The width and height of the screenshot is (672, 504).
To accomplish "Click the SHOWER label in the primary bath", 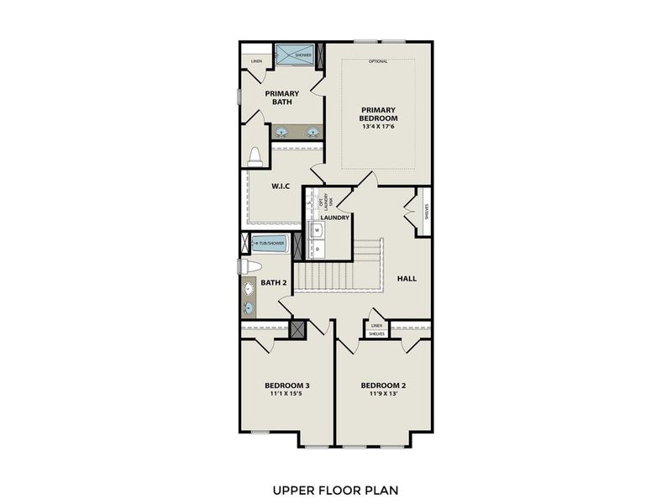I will (303, 55).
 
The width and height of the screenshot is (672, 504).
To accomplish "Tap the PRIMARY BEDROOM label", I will (379, 114).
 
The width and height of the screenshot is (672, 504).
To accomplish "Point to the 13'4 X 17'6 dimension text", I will (379, 129).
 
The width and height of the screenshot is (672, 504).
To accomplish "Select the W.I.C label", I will (281, 186).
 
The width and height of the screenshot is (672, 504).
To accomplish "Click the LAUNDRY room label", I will (334, 218).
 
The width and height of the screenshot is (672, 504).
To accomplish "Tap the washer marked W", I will (318, 229).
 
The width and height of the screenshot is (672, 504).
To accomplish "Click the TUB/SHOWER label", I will (271, 244).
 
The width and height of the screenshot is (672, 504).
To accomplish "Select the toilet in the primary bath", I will (255, 156).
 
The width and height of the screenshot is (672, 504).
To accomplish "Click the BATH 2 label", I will (274, 283).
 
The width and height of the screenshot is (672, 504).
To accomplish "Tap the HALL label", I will (407, 278).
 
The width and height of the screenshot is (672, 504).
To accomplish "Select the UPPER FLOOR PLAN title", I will (335, 488).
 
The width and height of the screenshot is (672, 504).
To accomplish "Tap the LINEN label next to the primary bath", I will (256, 61).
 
